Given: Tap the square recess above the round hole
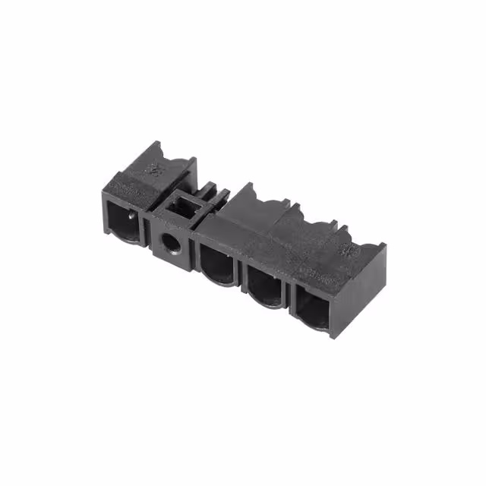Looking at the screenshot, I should click(182, 207).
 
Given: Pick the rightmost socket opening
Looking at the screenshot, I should click(312, 310).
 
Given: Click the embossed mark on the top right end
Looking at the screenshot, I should click(351, 248).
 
